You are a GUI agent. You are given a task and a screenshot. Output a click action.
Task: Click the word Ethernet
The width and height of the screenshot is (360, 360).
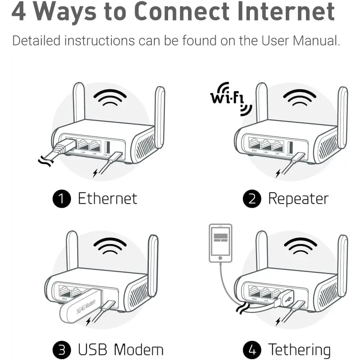point(107,199)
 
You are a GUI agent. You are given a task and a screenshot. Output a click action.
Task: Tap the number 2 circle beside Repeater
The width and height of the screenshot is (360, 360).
point(252,199)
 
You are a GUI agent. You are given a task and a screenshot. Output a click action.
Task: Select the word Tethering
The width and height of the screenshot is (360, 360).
point(299,350)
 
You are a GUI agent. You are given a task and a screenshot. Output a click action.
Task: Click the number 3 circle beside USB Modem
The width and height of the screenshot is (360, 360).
point(62,350)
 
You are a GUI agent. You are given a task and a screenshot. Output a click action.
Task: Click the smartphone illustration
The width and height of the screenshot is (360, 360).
point(221,243)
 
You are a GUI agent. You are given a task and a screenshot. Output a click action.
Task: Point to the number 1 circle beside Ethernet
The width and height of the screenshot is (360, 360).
point(62,199)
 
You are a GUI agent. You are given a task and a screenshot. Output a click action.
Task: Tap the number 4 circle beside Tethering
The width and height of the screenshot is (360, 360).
point(252,350)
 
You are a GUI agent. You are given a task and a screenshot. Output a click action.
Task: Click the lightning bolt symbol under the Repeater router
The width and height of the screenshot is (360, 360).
point(278,172)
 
